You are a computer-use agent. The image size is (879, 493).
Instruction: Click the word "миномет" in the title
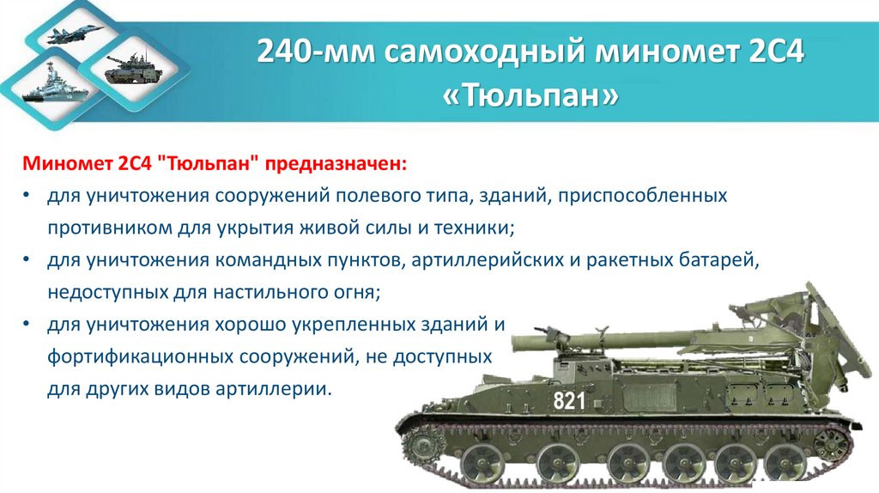658,54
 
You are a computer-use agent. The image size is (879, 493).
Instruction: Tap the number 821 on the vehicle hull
568,400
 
